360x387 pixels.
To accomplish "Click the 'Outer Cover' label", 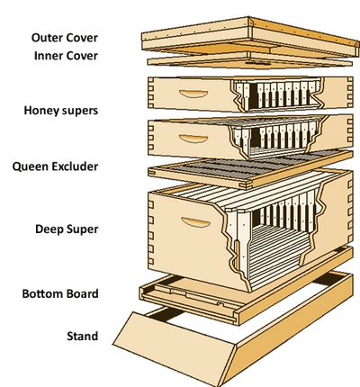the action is point(65,38).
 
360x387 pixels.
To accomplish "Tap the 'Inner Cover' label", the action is point(66,56).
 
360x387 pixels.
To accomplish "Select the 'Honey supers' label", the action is point(61,111).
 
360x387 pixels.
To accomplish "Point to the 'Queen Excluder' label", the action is point(55,166).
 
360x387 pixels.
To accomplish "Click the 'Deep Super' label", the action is point(67,229).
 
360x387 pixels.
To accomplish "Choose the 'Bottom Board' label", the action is point(60,293).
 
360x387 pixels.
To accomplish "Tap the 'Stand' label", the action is point(83,336).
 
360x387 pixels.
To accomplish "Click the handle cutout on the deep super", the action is point(195,222).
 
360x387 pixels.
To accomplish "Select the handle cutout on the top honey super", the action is point(193,94).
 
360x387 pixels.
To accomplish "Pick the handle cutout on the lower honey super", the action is point(193,139).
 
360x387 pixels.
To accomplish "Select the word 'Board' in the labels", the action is point(83,293).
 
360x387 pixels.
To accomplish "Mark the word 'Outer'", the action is point(47,38).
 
